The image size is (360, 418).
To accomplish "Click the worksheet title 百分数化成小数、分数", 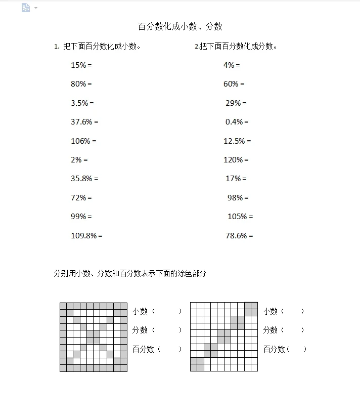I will [x=180, y=27].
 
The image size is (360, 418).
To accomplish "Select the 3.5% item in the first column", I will [x=82, y=103].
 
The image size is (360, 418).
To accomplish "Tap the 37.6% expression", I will [x=84, y=122].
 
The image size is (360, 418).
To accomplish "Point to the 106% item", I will [x=83, y=141].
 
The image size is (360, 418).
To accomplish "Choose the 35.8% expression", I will [x=84, y=179].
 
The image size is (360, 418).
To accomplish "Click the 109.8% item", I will [x=86, y=236].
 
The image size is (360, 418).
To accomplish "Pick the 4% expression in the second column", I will [x=232, y=65].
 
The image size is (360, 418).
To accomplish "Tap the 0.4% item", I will [x=237, y=122].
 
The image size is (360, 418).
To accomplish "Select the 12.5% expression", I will [x=237, y=141].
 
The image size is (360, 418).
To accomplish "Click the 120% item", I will [x=236, y=160].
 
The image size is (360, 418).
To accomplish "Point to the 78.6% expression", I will [x=239, y=236].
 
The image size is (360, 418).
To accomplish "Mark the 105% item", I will [x=240, y=217].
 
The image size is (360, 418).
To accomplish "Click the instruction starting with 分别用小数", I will [x=130, y=274].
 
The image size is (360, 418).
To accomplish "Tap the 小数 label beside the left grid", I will [x=140, y=312].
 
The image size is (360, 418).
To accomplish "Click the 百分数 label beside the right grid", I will [x=275, y=349].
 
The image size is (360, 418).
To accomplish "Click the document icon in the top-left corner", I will [x=26, y=8].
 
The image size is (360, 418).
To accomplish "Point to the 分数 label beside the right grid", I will [x=271, y=330].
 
